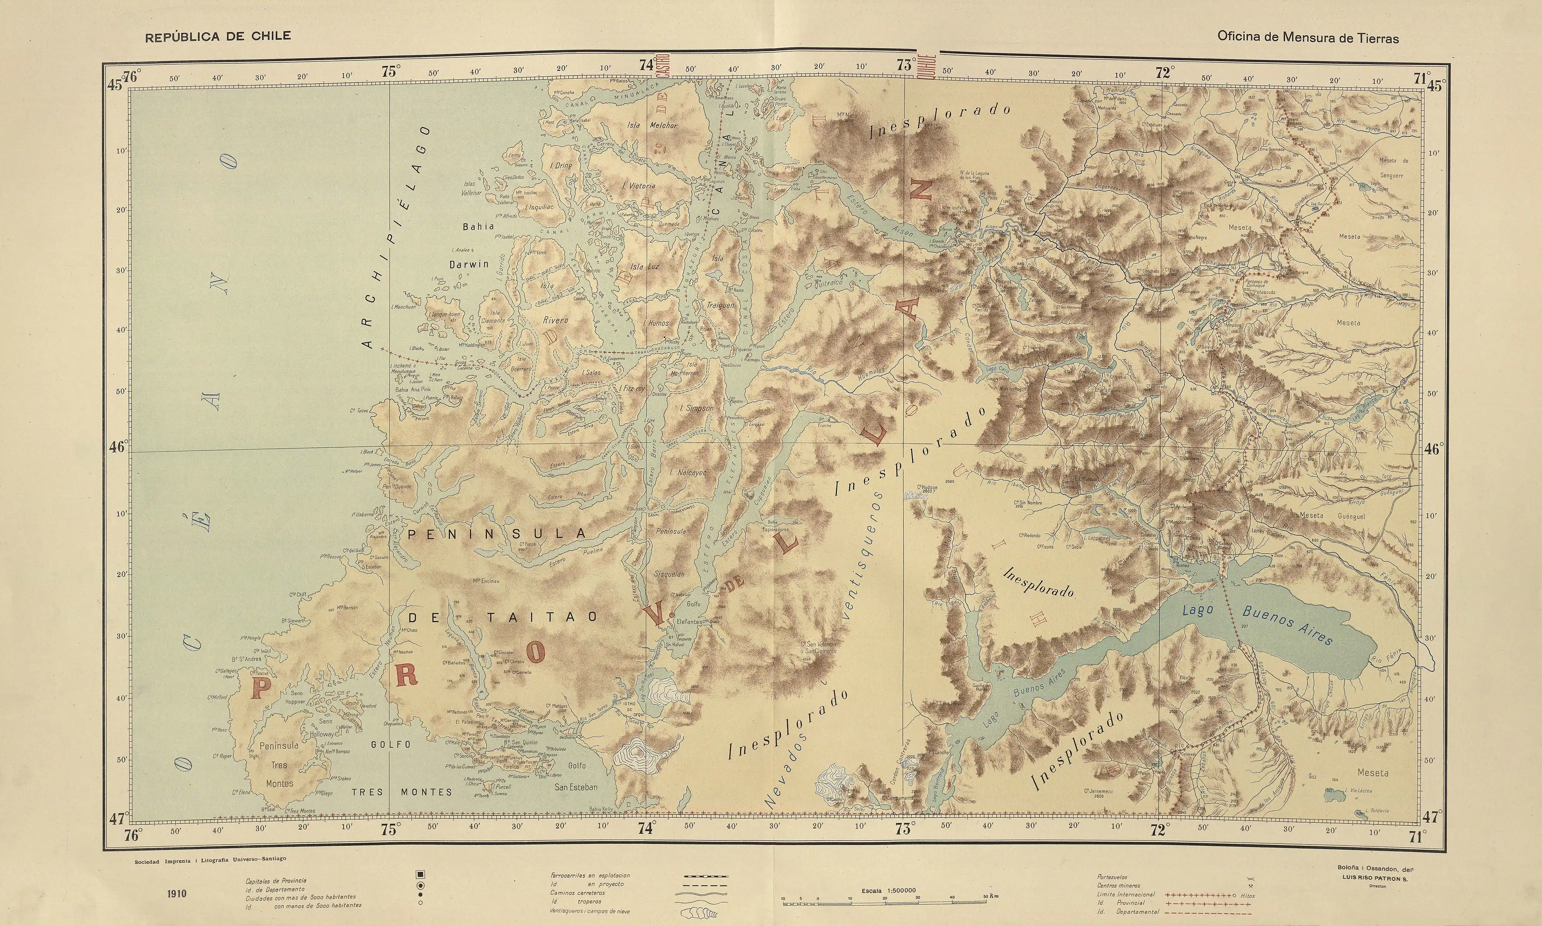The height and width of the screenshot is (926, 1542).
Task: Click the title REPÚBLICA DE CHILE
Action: (x=218, y=36)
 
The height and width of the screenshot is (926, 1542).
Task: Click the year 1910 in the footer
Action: (x=177, y=894)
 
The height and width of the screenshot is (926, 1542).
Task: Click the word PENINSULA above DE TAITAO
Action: (x=497, y=534)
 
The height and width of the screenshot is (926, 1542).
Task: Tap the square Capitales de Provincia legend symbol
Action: (x=421, y=874)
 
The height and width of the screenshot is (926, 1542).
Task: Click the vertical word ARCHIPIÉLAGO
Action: (x=396, y=237)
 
